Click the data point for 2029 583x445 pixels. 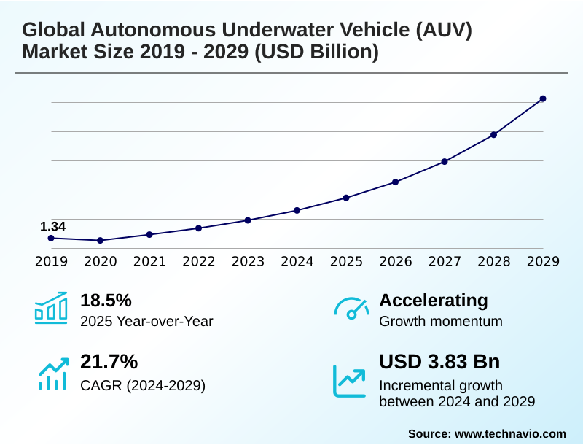click(543, 98)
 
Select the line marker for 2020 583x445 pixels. click(101, 240)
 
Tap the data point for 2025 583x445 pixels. click(346, 198)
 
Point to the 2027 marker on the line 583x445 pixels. click(445, 161)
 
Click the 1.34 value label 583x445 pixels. click(52, 226)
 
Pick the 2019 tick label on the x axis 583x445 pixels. click(51, 261)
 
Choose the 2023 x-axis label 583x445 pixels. click(248, 261)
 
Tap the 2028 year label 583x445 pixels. click(493, 261)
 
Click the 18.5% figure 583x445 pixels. click(106, 301)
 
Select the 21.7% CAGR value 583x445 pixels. click(109, 362)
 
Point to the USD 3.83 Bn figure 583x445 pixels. click(439, 362)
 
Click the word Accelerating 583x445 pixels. click(434, 301)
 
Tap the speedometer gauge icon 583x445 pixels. click(351, 308)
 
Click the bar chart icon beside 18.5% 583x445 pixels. click(51, 308)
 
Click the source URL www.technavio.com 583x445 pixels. click(510, 433)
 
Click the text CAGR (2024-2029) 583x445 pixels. click(143, 385)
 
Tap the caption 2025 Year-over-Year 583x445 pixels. click(146, 321)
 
